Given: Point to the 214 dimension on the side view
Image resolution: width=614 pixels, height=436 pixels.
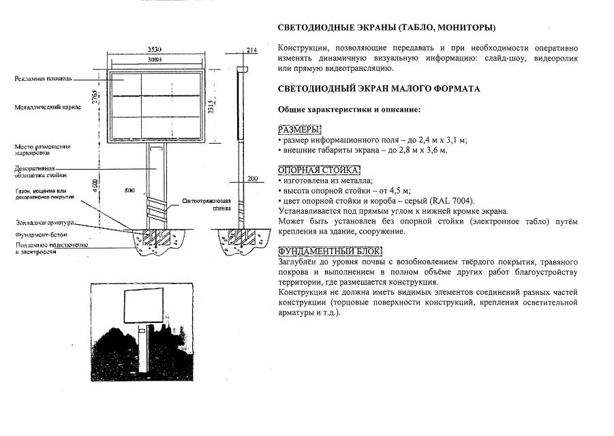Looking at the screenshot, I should (x=251, y=50).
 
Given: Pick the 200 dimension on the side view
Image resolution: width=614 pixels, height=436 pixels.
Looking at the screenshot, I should (x=253, y=178).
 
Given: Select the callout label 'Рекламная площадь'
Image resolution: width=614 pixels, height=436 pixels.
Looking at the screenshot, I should (x=44, y=79).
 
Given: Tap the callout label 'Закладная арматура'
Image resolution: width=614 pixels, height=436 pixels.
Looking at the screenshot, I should (x=44, y=223).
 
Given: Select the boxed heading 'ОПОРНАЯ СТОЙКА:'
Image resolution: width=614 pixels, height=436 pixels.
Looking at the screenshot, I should (x=319, y=170).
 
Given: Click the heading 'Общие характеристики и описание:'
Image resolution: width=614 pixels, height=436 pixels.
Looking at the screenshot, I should (x=349, y=110).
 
